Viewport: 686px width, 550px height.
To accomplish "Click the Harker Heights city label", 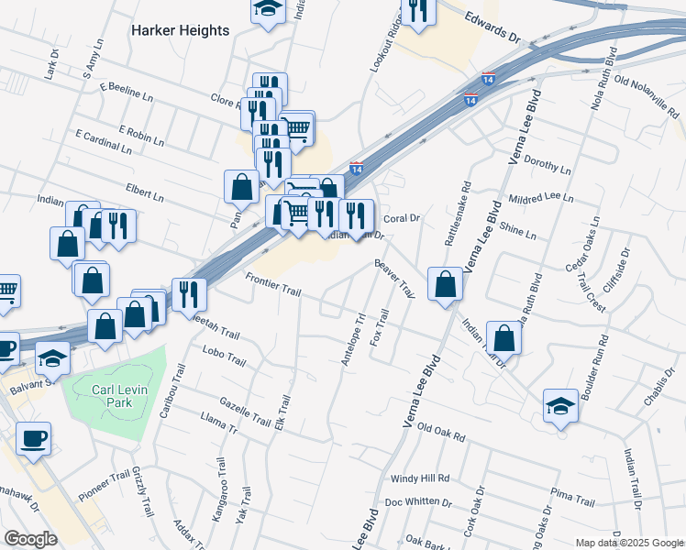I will tap(180, 30).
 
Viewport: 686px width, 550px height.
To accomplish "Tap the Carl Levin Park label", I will tap(117, 396).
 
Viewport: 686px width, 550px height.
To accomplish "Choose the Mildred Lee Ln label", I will tap(540, 197).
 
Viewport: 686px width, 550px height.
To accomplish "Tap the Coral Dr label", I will tap(401, 218).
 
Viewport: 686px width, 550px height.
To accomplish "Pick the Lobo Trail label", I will tap(225, 356).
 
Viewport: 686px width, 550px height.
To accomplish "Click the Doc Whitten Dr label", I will tap(419, 502).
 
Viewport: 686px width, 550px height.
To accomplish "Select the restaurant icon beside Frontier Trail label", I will tap(189, 292).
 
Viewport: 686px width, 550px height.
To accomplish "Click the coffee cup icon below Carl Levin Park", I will tap(33, 436).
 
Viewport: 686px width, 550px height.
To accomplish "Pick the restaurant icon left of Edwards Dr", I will tap(419, 11).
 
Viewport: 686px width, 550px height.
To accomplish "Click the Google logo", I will tap(31, 539).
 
